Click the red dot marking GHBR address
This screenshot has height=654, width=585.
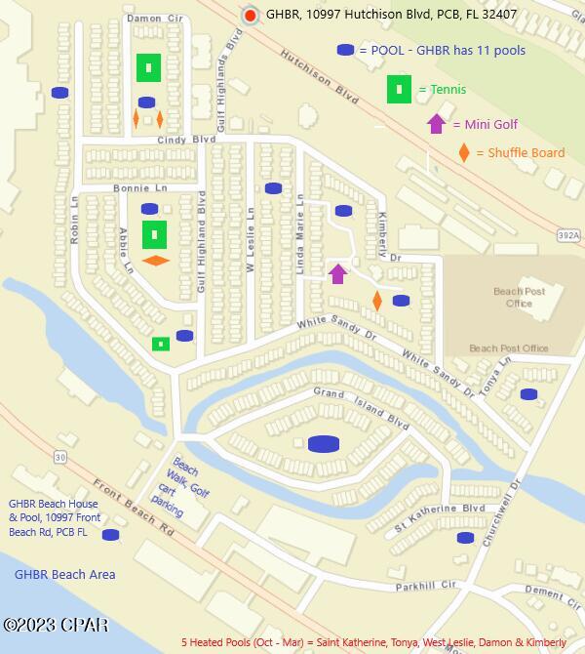pyautogui.click(x=251, y=16)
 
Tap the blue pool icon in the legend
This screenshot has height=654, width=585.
pyautogui.click(x=346, y=50)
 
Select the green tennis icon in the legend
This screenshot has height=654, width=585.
pyautogui.click(x=399, y=89)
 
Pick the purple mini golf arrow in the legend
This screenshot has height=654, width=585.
pyautogui.click(x=436, y=124)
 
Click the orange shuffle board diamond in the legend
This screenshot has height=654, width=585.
pyautogui.click(x=464, y=153)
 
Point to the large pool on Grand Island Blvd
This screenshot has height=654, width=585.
pyautogui.click(x=323, y=444)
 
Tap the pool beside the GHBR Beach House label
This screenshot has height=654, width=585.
pyautogui.click(x=110, y=534)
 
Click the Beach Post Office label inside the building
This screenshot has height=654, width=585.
pyautogui.click(x=520, y=297)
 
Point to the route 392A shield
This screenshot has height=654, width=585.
pyautogui.click(x=569, y=235)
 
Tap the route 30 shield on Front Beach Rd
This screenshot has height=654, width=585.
pyautogui.click(x=60, y=457)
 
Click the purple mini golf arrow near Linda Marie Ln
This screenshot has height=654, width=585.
pyautogui.click(x=337, y=273)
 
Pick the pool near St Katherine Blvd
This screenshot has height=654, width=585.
pyautogui.click(x=465, y=537)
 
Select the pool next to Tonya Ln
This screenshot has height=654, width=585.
pyautogui.click(x=528, y=394)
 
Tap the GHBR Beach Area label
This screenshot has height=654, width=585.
pyautogui.click(x=64, y=575)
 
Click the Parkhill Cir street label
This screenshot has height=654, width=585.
pyautogui.click(x=426, y=586)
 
